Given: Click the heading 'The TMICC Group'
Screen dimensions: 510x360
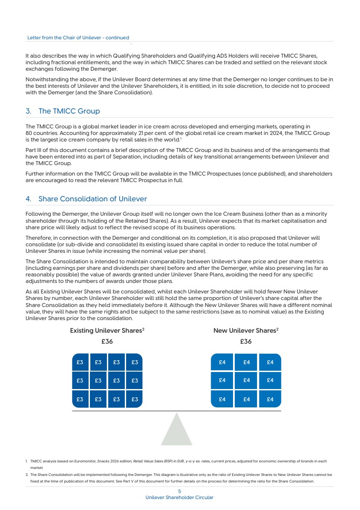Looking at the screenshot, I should click(69, 111).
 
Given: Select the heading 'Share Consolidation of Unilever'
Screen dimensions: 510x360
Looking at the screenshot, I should click(93, 199).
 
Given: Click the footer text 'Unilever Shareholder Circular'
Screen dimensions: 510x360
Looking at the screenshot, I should click(179, 497).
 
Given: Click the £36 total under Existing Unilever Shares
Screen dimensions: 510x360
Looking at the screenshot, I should click(107, 341).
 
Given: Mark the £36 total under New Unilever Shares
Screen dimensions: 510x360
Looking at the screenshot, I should click(246, 341).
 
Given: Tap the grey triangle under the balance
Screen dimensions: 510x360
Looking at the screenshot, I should click(177, 432).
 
